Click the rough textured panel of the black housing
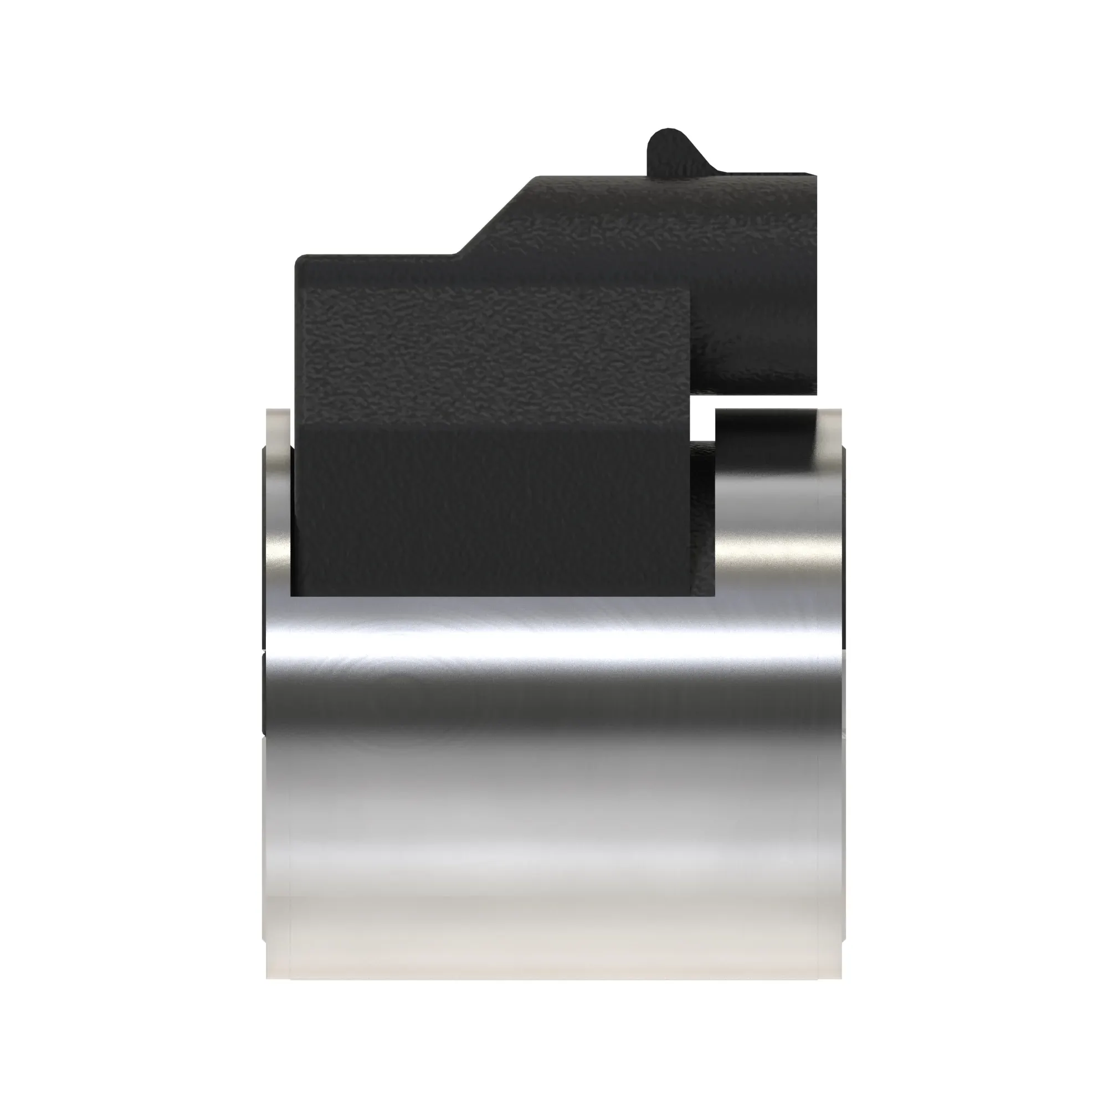tap(493, 356)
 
